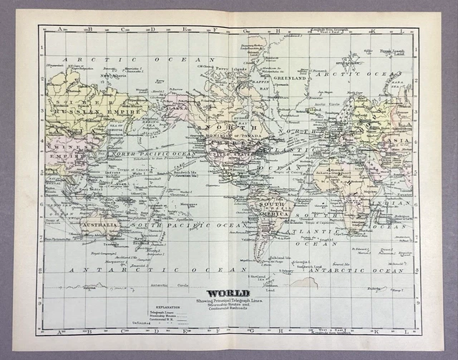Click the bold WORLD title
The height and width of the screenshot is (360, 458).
(228, 293)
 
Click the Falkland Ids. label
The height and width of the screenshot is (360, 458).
(277, 257)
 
